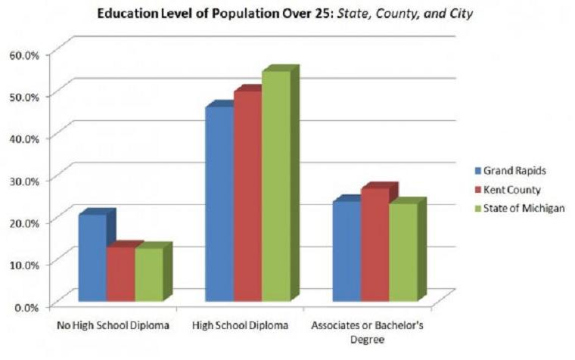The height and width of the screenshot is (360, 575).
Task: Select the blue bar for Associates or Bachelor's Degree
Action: pos(346,252)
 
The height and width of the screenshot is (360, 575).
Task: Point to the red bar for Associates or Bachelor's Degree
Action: pos(374,245)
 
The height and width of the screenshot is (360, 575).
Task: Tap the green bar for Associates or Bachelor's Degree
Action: pos(402,253)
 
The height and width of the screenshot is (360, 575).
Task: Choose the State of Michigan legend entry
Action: pos(520,208)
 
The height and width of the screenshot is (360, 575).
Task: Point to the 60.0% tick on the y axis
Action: pos(23,54)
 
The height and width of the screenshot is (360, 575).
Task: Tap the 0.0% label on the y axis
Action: pos(25,306)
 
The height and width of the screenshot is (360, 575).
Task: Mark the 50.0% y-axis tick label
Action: pos(23,96)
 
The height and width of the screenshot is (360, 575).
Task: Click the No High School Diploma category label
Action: pos(113,327)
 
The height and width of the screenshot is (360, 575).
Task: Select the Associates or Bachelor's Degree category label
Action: pos(365,333)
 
